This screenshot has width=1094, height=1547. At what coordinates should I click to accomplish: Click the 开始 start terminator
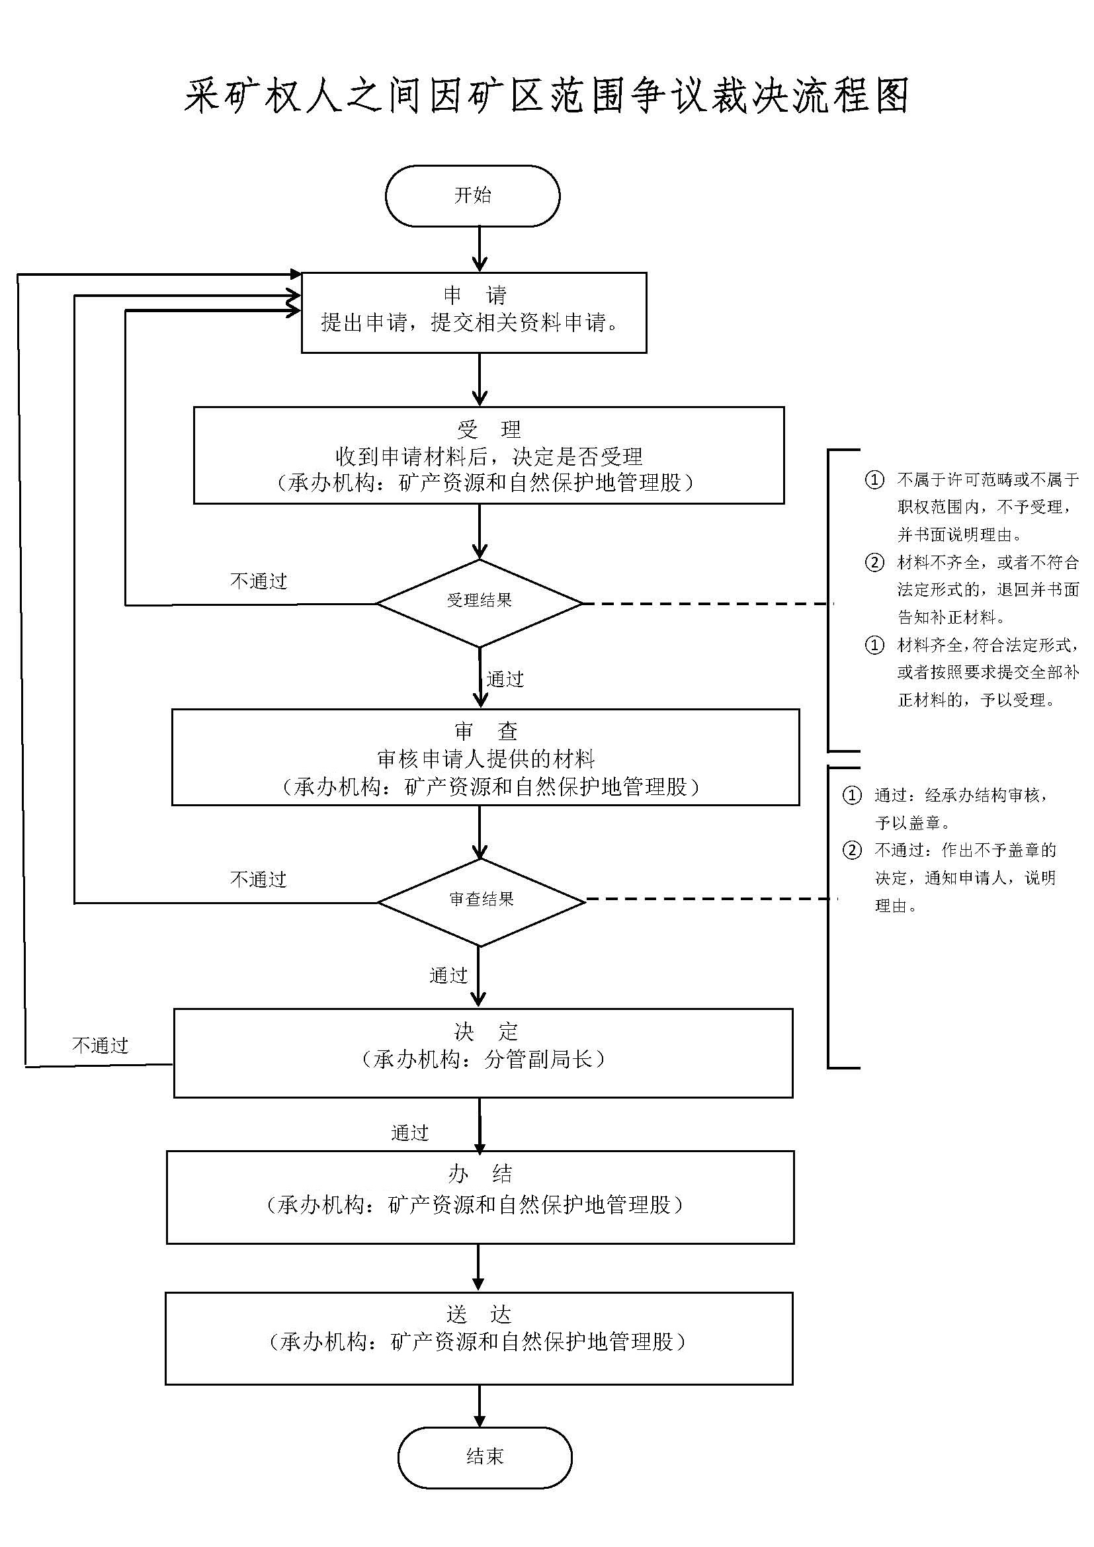472,195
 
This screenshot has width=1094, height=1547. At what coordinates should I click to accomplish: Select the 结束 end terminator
484,1456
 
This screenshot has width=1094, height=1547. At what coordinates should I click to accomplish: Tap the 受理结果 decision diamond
479,601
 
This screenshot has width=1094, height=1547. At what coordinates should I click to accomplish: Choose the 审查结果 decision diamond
481,900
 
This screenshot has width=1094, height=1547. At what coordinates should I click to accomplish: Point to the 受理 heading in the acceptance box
488,429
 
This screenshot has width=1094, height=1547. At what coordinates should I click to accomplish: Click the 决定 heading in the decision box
485,1031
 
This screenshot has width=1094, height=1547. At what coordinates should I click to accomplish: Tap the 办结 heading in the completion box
480,1175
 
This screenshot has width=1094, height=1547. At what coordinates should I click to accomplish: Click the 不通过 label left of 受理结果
259,581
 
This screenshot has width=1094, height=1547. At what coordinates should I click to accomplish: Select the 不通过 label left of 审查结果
259,879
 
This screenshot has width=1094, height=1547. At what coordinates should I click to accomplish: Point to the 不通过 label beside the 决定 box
101,1046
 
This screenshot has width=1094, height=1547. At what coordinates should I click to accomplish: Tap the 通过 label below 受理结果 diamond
505,679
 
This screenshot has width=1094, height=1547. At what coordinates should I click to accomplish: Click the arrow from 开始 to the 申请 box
480,248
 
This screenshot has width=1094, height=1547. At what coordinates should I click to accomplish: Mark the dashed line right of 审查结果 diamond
707,899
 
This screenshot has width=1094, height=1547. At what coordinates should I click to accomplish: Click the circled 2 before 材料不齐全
874,563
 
